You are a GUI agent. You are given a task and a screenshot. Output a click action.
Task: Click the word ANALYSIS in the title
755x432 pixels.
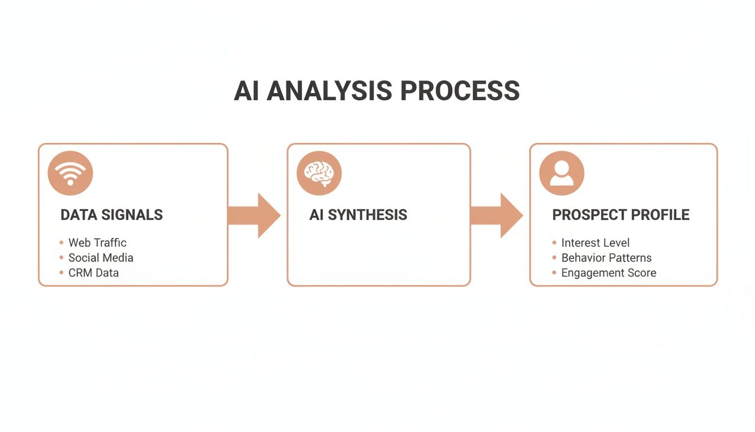pos(329,91)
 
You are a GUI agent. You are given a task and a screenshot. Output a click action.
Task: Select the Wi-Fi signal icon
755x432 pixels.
pos(70,173)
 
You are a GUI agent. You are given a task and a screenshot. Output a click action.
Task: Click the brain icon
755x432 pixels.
pos(319,173)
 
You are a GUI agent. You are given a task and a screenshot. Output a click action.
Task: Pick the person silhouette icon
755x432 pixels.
pos(561,173)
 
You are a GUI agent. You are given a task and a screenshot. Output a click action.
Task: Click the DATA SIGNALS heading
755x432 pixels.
pos(111,215)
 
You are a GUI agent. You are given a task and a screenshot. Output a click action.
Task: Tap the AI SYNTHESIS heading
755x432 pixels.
pos(358,215)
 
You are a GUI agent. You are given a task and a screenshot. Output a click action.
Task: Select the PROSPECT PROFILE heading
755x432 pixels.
pos(621,215)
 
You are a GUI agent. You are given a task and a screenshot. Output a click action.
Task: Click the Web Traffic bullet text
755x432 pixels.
pos(97,243)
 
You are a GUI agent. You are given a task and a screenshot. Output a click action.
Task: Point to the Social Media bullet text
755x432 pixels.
pos(101,258)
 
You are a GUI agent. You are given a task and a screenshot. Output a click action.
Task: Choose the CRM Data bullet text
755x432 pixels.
pos(93,273)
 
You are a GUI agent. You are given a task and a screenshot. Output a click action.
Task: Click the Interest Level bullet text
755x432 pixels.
pos(595,243)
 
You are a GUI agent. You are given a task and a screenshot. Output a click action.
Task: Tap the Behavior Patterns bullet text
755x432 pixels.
pos(606,258)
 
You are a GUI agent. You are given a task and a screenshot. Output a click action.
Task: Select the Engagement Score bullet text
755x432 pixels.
pos(608,273)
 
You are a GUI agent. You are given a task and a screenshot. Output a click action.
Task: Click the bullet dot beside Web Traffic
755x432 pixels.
pos(61,243)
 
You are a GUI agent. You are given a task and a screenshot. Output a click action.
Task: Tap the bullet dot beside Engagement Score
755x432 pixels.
pos(554,273)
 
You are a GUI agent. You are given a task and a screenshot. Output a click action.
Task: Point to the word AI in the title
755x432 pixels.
pos(247,91)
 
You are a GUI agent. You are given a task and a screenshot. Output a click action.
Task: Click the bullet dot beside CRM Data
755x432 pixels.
pos(61,273)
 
